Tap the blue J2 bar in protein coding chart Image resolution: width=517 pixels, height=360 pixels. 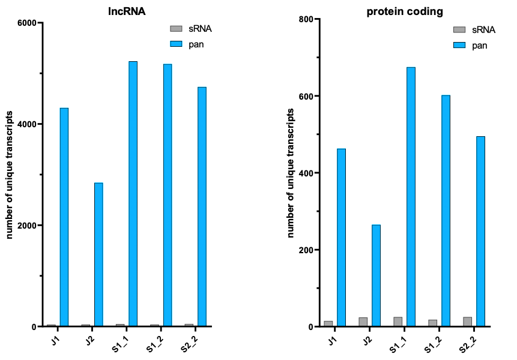point(376,275)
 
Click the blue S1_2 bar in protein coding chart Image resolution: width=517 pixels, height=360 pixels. point(446,211)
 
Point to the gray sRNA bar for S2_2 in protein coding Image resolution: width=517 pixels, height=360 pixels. point(467,322)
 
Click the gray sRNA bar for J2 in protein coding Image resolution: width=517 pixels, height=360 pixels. point(363,322)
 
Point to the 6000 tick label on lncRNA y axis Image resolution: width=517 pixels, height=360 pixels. point(26,23)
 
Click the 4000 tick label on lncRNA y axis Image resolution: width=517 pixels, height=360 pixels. point(26,124)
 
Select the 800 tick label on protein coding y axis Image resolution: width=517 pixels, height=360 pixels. point(307,19)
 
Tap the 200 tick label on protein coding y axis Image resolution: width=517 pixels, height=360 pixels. point(307,250)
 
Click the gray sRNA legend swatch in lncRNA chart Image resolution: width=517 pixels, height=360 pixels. point(177,28)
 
